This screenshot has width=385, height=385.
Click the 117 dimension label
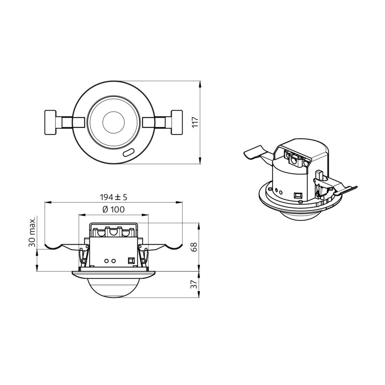pos(195,122)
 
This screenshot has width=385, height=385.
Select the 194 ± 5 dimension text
pos(114,197)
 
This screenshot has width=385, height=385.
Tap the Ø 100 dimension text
pos(114,210)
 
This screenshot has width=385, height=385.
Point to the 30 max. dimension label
pos(32,231)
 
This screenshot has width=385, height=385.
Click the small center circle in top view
pos(114,122)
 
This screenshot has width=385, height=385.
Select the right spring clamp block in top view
pos(177,122)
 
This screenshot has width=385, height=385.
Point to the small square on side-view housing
pos(131,261)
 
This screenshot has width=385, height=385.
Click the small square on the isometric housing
pos(298,195)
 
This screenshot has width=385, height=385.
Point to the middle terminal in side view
pos(114,232)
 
